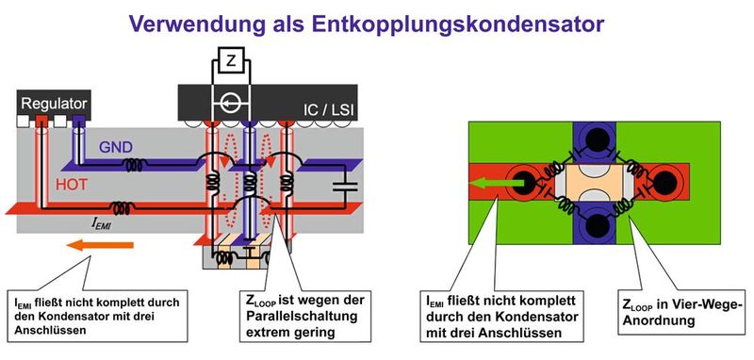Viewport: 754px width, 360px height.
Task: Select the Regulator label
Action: tap(54, 103)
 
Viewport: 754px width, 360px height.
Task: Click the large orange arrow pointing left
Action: tap(99, 246)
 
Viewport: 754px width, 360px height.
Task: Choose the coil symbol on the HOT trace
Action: tap(119, 207)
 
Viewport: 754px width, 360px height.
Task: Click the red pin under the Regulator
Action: tap(41, 122)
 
